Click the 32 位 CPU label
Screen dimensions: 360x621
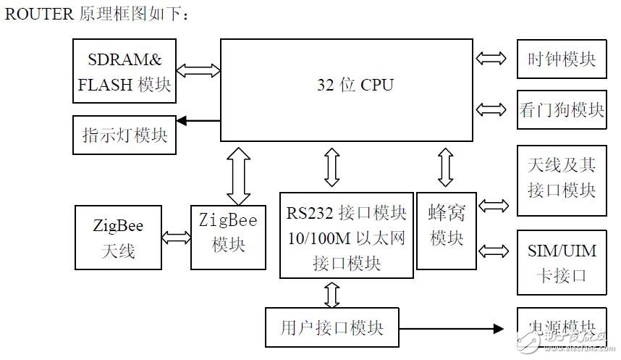pos(355,85)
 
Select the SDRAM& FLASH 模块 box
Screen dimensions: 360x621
pos(124,71)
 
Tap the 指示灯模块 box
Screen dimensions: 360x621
pos(124,135)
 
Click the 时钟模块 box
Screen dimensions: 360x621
pos(561,59)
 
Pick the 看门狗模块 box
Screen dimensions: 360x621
pos(561,110)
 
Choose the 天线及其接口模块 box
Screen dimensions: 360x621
pos(561,179)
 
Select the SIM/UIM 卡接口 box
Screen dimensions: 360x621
pos(561,262)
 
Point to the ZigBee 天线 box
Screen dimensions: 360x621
pos(118,238)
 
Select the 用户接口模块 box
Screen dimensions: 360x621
pos(332,327)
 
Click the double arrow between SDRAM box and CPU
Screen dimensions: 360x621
pos(198,70)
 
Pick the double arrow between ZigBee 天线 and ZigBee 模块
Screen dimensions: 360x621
pos(176,237)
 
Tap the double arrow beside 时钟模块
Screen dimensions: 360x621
pos(492,59)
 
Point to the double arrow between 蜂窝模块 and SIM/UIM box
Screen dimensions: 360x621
pos(493,251)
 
